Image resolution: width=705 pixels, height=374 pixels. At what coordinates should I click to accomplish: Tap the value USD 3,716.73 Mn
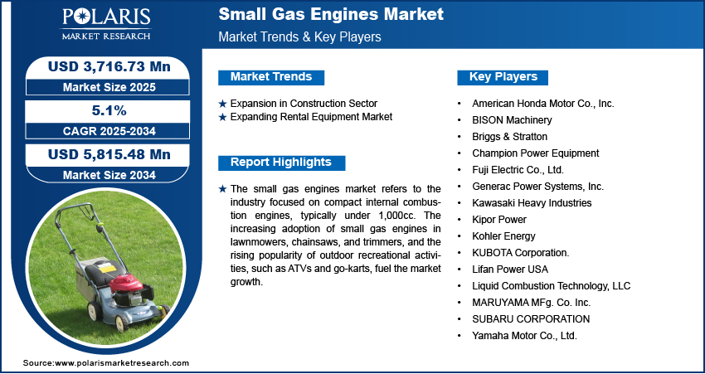click(x=109, y=67)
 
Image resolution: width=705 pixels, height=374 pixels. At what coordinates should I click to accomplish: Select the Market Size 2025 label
click(x=109, y=87)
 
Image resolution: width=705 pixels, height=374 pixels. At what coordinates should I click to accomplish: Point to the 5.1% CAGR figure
click(x=109, y=110)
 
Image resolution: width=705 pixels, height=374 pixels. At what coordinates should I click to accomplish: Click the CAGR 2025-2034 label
click(x=109, y=131)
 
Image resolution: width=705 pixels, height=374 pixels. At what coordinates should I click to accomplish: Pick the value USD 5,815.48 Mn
click(x=109, y=154)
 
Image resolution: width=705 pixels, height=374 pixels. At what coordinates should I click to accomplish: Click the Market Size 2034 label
click(x=109, y=175)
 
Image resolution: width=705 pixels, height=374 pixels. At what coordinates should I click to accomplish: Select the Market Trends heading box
click(x=271, y=77)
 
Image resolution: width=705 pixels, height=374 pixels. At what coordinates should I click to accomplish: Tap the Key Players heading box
click(x=503, y=77)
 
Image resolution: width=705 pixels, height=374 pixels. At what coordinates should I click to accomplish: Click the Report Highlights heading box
click(x=281, y=163)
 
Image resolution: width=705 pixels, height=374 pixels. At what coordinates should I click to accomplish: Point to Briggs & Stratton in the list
click(x=509, y=137)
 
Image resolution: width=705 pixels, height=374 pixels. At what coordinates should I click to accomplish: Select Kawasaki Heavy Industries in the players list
click(x=532, y=202)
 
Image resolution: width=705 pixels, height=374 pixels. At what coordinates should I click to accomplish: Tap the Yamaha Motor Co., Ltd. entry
click(x=524, y=335)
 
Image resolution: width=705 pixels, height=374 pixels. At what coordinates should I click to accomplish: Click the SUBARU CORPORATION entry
click(x=531, y=319)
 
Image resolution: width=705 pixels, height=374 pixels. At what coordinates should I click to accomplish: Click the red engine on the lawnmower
click(x=127, y=284)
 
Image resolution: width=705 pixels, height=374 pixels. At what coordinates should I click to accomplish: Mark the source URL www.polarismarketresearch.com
click(x=122, y=363)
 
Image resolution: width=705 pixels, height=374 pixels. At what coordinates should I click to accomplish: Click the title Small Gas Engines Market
click(x=331, y=14)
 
